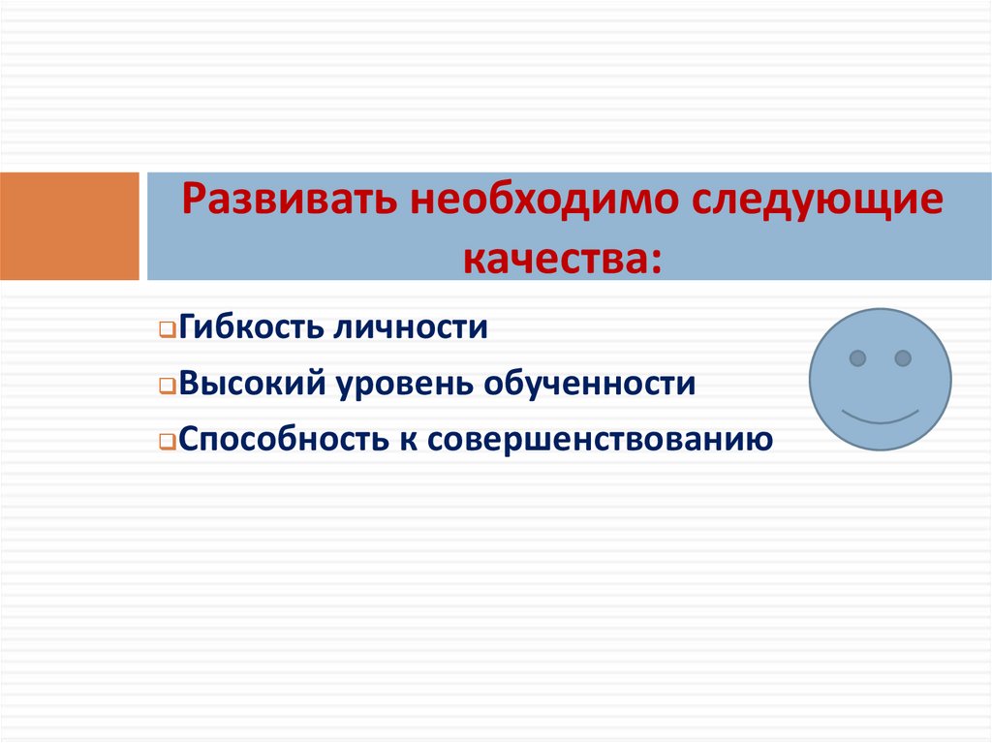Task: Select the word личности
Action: coord(411,327)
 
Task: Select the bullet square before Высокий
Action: coord(167,387)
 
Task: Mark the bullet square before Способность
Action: coord(167,444)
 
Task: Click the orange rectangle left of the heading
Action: coord(69,227)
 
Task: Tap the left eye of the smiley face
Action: coord(857,358)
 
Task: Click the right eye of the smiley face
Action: coord(903,358)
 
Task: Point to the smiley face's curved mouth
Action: coord(880,418)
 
